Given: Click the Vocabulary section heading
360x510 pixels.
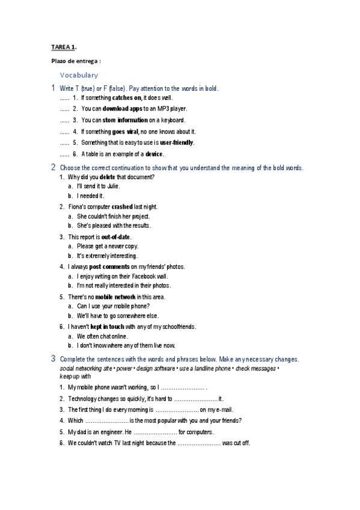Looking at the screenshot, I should click(79, 75).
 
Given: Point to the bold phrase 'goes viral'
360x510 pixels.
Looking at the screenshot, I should click(126, 132).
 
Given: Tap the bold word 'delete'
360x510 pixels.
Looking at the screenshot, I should click(107, 177).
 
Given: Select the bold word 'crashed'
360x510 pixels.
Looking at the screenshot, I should click(122, 206).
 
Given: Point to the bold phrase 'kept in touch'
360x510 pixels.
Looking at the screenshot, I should click(107, 327).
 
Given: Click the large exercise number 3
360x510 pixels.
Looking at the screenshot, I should click(53, 358).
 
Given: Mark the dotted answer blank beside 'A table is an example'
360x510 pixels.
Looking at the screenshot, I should click(64, 155).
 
